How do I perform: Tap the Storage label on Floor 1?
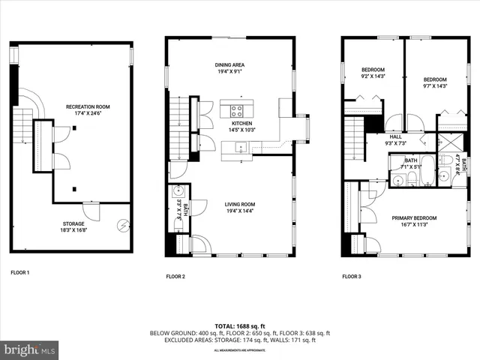[x=73, y=223]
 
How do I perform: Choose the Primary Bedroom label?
[x=414, y=218]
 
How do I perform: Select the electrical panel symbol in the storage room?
[x=123, y=224]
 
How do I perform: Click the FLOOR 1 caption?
[x=20, y=272]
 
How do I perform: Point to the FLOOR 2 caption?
[x=175, y=277]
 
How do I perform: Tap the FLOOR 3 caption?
[x=352, y=277]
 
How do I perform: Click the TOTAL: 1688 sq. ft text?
[x=239, y=325]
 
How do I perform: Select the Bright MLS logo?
[x=30, y=349]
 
